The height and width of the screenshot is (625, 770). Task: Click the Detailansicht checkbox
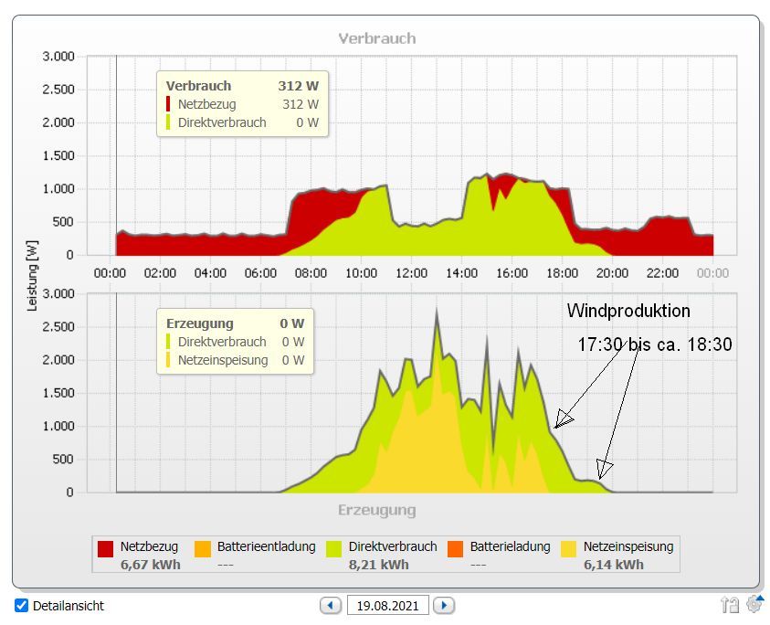click(x=22, y=606)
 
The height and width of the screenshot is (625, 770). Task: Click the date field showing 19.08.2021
click(x=388, y=605)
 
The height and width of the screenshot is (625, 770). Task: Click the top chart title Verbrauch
click(x=376, y=38)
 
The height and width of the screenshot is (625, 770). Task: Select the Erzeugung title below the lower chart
click(x=376, y=510)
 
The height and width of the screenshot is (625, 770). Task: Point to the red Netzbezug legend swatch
click(x=106, y=548)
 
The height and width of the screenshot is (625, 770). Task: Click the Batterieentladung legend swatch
click(x=203, y=548)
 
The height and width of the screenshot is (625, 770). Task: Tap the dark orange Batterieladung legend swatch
click(x=456, y=548)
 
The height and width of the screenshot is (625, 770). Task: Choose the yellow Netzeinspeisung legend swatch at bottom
click(x=569, y=548)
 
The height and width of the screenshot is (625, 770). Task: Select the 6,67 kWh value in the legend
click(x=150, y=565)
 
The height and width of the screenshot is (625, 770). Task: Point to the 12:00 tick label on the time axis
click(x=412, y=272)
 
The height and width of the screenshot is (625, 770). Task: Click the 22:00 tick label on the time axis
click(x=662, y=272)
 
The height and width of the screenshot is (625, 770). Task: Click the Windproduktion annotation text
click(x=628, y=311)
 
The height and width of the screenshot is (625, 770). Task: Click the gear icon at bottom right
click(x=754, y=603)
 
